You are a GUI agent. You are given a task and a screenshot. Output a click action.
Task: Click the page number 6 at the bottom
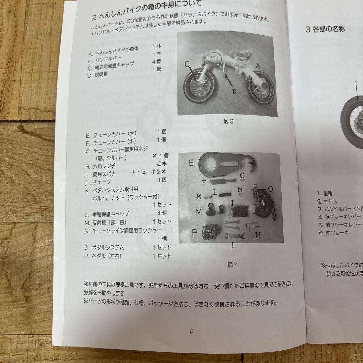tap(191, 332)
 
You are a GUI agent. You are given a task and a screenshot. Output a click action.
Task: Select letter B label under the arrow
tap(234, 91)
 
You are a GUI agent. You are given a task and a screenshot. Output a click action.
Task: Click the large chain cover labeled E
tap(225, 164)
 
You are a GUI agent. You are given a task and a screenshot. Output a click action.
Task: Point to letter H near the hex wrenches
tap(257, 235)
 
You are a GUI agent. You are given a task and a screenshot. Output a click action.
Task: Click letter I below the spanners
tap(232, 245)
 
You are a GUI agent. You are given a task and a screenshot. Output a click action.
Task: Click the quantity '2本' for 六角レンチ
tap(162, 164)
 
